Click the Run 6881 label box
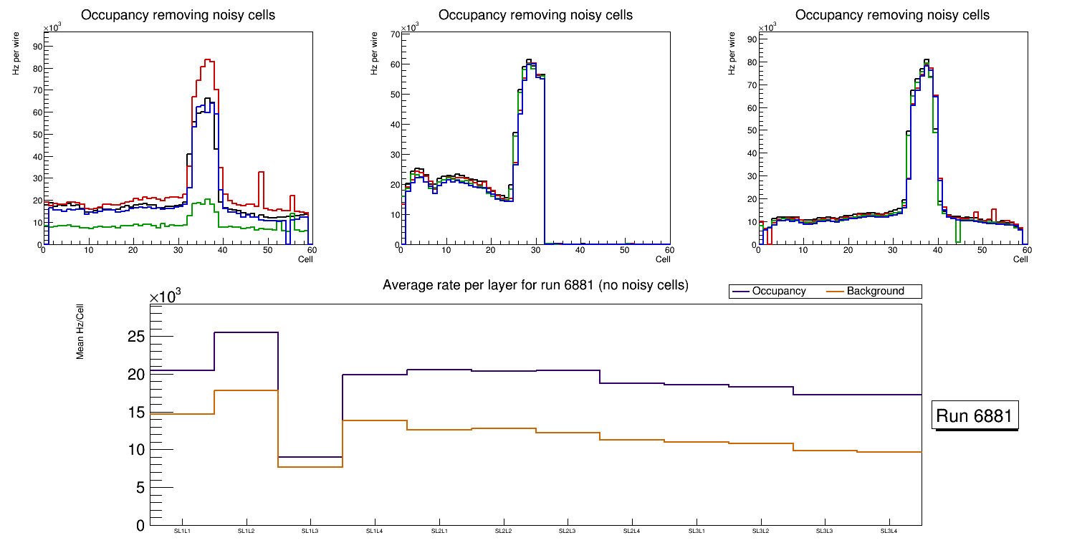tap(976, 415)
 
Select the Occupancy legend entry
tap(778, 292)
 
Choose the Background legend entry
tap(875, 292)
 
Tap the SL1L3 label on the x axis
tap(310, 532)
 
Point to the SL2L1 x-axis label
tap(439, 532)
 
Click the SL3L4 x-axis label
tap(889, 532)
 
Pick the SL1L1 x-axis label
tap(182, 532)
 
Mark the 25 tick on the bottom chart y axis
tap(137, 337)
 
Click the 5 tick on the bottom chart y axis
tap(140, 488)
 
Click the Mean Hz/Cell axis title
tap(81, 330)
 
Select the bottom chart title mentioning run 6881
tap(535, 285)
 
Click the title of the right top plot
tap(892, 15)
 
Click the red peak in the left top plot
tap(207, 60)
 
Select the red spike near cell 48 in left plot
tap(262, 173)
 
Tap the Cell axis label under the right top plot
tap(1020, 259)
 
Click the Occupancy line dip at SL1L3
tap(310, 457)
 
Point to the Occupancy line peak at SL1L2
tap(246, 332)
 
